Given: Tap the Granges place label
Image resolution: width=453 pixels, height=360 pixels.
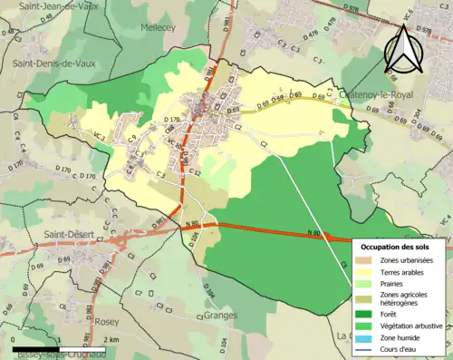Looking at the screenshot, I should pos(219,316).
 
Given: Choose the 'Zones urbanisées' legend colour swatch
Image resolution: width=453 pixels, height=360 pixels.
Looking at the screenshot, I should pos(369,261).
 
